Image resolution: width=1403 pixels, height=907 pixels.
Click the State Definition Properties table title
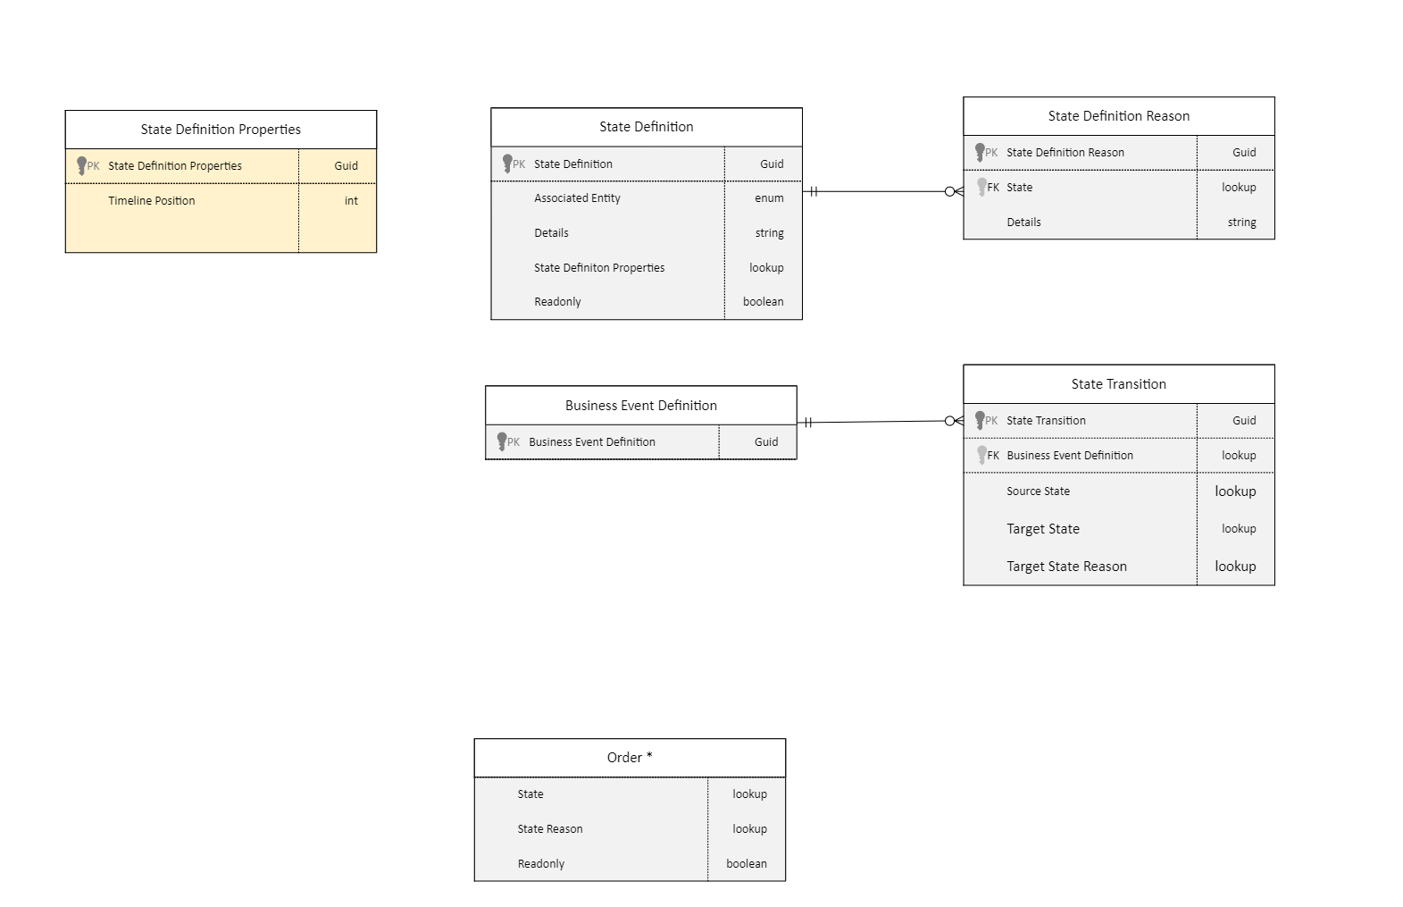221,130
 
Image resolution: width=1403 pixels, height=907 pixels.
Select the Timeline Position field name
152,201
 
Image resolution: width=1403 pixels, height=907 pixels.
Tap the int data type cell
351,201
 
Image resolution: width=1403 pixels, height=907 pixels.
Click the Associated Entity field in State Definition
577,198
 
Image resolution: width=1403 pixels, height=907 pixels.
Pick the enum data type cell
769,198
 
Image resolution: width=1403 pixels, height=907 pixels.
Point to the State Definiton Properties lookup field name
599,268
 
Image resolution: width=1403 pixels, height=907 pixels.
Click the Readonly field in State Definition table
557,302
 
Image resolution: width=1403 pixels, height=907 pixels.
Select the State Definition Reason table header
1118,116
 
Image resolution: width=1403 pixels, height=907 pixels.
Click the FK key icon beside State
983,187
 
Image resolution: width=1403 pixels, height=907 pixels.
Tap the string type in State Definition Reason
1241,223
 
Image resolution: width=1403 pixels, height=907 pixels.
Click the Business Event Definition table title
640,406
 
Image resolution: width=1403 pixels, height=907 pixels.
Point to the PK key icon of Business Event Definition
503,441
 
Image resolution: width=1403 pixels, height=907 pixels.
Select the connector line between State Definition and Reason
880,191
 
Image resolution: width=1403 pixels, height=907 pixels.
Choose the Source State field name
1038,491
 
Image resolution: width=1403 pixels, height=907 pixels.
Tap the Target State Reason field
1066,567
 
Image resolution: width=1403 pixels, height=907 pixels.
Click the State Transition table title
1118,384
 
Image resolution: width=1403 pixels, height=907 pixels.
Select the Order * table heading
630,758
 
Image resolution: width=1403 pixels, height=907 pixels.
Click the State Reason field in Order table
550,829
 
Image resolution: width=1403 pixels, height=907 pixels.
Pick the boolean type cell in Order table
747,864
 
